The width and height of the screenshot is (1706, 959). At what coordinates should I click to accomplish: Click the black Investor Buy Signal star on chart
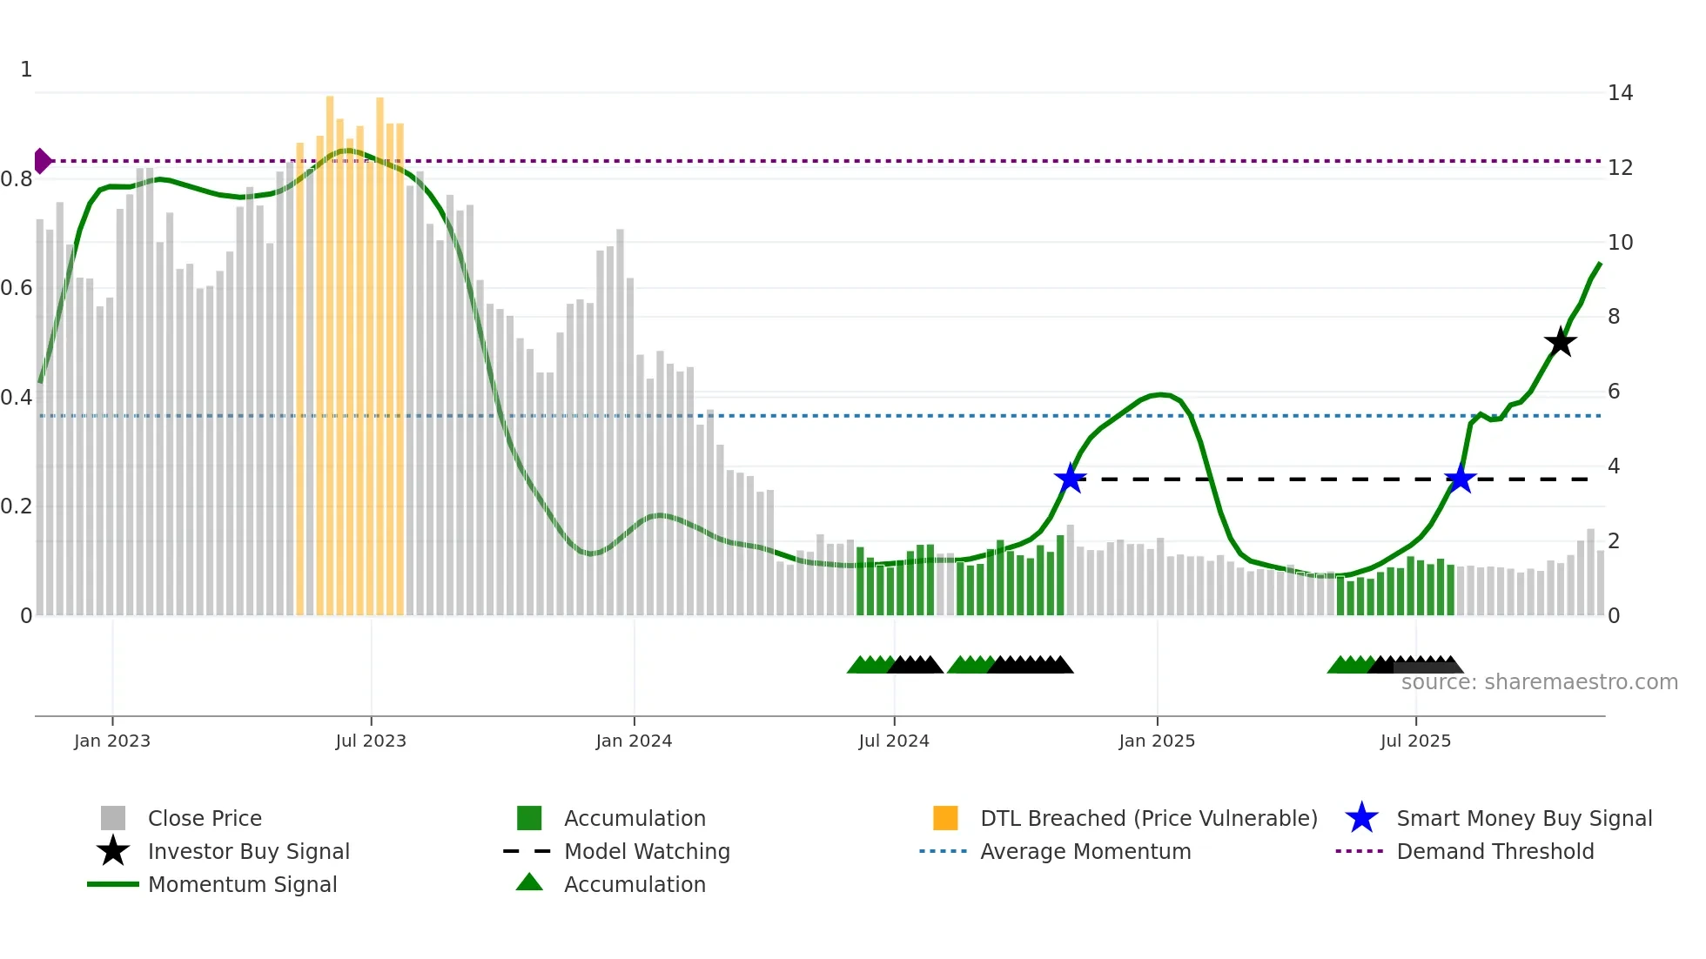pyautogui.click(x=1560, y=342)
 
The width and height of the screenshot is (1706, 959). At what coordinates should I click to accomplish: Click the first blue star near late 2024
pyautogui.click(x=1070, y=478)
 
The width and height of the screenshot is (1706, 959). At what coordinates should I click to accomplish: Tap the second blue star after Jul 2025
pyautogui.click(x=1460, y=478)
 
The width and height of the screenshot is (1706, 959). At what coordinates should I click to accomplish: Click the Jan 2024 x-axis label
pyautogui.click(x=634, y=741)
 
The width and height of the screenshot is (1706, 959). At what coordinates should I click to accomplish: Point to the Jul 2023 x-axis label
pyautogui.click(x=371, y=741)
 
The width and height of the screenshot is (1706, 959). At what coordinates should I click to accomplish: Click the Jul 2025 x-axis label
pyautogui.click(x=1415, y=741)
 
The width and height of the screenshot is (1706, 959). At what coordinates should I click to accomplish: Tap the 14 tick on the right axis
pyautogui.click(x=1620, y=93)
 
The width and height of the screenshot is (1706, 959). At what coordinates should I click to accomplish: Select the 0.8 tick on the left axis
pyautogui.click(x=17, y=179)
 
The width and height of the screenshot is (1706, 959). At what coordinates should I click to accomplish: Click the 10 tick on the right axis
pyautogui.click(x=1620, y=243)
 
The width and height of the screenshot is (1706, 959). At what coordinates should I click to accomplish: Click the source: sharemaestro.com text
pyautogui.click(x=1539, y=682)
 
